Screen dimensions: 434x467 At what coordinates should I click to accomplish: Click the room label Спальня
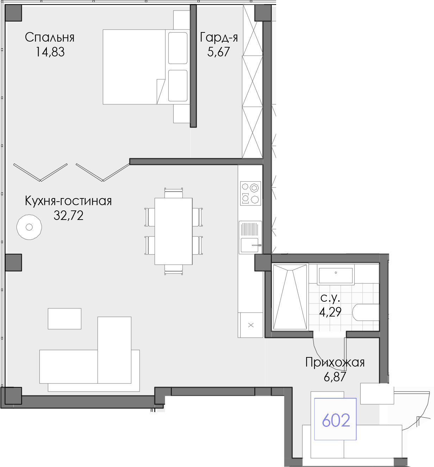click(50, 37)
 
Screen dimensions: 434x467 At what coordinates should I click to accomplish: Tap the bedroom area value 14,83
click(50, 52)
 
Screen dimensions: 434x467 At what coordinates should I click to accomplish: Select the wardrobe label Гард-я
click(219, 37)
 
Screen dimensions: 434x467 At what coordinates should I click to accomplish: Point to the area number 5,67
click(218, 52)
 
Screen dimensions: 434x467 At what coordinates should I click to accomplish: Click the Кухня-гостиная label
click(68, 201)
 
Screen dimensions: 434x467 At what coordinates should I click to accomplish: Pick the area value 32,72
click(68, 215)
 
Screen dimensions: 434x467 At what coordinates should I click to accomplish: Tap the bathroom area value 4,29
click(330, 312)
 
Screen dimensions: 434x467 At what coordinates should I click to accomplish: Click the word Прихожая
click(335, 362)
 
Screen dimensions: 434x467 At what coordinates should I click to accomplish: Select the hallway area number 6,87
click(335, 377)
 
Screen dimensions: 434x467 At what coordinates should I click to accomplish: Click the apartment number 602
click(336, 420)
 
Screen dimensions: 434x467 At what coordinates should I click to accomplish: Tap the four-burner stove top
click(250, 193)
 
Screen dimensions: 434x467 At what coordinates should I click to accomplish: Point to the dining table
click(174, 231)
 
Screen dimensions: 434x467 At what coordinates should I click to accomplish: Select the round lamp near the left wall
click(29, 227)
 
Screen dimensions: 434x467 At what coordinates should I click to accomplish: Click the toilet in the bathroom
click(366, 312)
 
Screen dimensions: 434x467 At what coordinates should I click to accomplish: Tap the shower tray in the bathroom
click(290, 297)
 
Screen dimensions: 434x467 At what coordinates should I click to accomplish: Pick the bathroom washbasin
click(335, 275)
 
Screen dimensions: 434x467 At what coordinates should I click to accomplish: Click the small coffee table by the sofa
click(65, 319)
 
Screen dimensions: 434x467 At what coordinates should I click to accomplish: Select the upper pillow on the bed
click(178, 48)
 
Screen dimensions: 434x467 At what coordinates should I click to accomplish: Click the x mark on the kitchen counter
click(251, 325)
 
